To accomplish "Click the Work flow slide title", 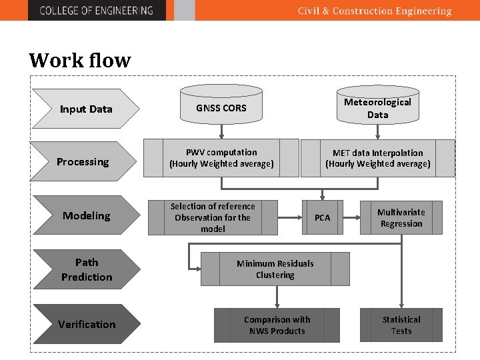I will (80, 61).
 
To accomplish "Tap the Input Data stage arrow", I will (86, 109).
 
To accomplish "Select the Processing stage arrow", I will (83, 161).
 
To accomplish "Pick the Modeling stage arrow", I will (86, 215).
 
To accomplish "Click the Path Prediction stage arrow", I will (86, 269).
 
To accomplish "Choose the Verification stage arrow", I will (86, 324).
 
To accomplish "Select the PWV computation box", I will (221, 158).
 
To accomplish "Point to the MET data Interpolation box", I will (377, 158).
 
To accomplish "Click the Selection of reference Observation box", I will (213, 217).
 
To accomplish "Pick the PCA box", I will (322, 217).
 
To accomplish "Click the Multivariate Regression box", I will (401, 218).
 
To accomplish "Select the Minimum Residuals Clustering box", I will (275, 269).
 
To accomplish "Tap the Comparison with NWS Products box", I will (277, 325).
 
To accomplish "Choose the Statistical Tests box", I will (401, 325).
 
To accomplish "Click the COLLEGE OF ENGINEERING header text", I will (96, 11).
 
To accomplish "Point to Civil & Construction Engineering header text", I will (374, 11).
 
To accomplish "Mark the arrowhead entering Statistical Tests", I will (401, 305).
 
